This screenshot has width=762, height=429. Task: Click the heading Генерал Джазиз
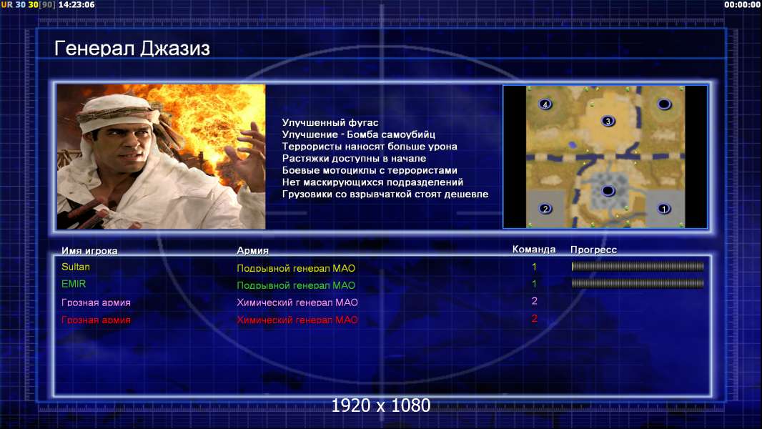132,49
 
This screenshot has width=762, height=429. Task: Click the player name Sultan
75,267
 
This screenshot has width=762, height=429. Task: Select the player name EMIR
74,284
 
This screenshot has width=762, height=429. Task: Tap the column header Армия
252,250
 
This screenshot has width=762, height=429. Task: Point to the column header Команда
533,250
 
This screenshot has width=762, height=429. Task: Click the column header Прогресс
593,250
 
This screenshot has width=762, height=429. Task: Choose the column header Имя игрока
89,251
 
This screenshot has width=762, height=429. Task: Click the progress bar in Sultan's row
638,266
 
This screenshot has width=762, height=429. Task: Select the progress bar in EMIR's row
638,283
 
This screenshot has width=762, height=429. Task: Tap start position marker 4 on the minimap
545,104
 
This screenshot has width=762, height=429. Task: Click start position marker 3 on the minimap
608,121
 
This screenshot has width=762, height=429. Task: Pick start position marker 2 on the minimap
545,209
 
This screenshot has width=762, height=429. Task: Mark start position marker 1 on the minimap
664,209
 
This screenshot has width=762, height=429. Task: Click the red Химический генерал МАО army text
297,320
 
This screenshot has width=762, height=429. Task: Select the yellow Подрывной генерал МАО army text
296,267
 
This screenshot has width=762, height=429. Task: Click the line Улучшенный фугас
330,122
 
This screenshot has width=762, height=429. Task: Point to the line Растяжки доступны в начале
354,159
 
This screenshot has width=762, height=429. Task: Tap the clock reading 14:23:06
76,5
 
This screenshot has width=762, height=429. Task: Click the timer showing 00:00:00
742,5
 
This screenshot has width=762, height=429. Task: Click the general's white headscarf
119,111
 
